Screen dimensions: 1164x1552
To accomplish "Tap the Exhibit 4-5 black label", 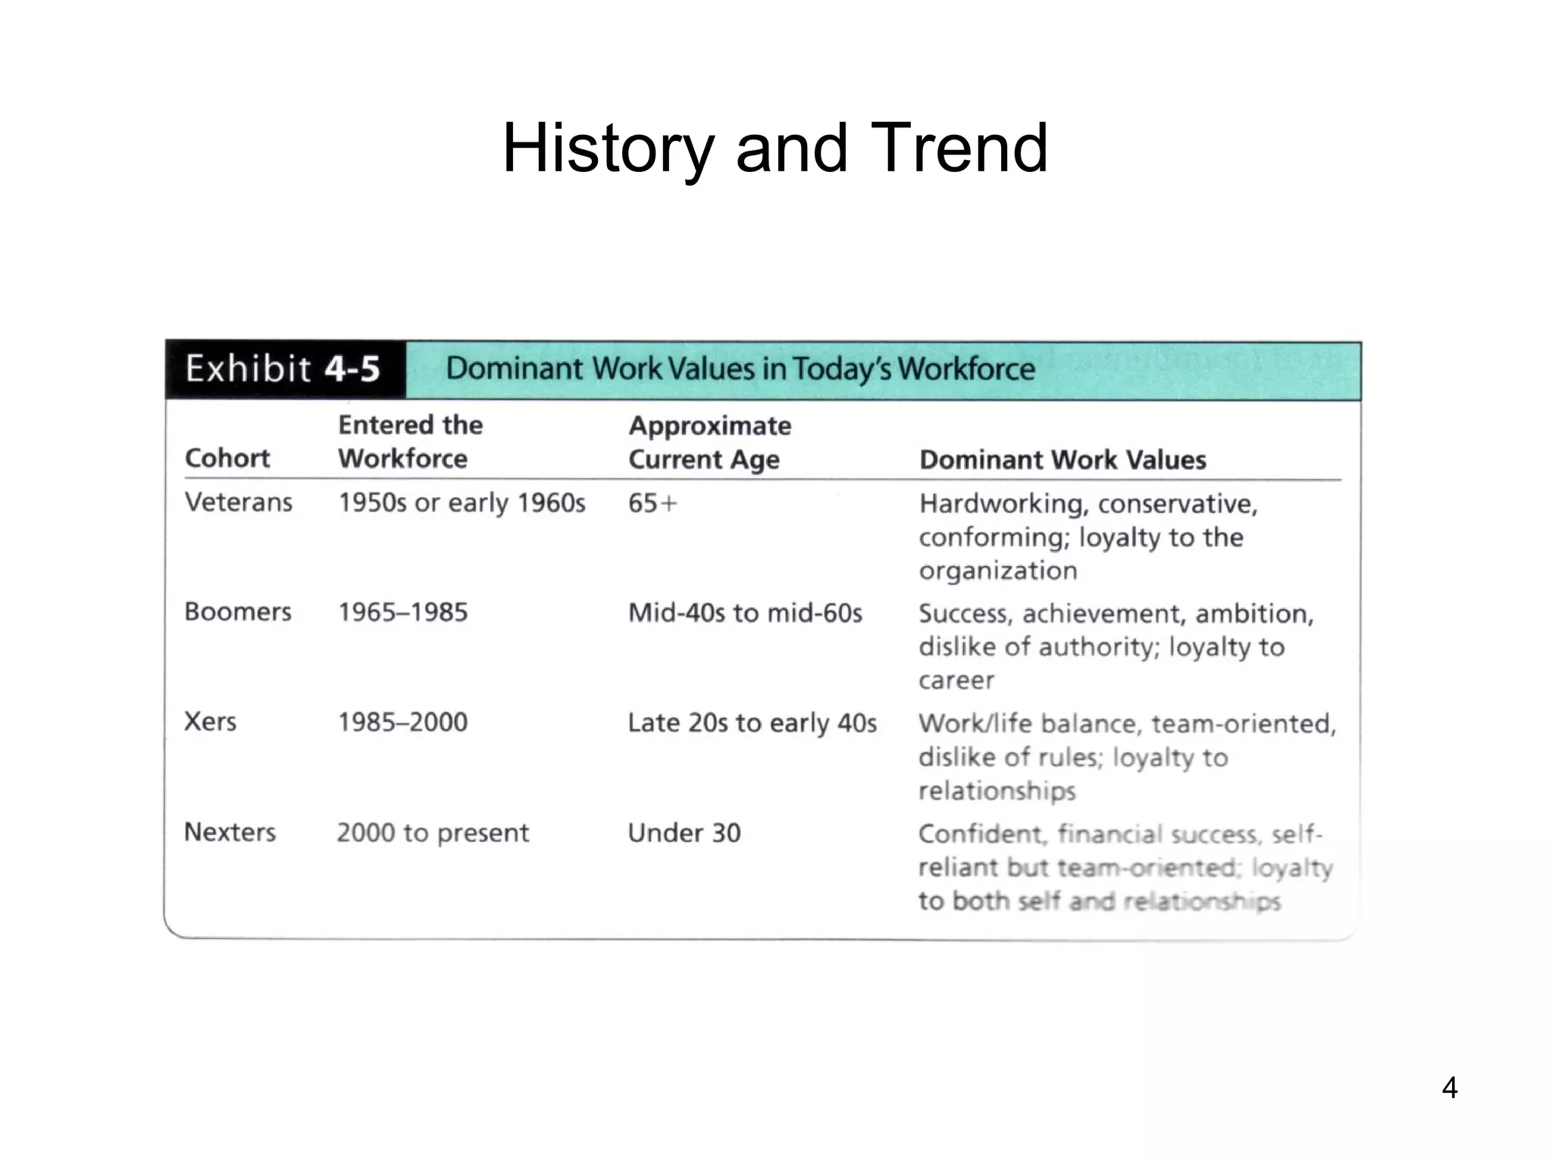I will [283, 369].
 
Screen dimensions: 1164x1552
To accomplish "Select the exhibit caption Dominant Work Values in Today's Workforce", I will [740, 369].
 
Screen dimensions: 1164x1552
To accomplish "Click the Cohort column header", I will [227, 458].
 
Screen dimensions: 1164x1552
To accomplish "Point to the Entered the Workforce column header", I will [410, 442].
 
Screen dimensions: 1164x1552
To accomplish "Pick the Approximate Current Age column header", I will [709, 443].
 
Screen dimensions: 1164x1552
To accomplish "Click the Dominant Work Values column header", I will [1062, 460].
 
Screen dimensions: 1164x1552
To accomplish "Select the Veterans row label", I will [238, 502].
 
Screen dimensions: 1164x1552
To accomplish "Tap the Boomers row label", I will [238, 612].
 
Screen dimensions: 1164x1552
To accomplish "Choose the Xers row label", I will [210, 721].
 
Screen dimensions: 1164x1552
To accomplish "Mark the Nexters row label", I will [230, 832].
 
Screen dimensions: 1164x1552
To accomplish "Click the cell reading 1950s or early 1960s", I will [462, 503].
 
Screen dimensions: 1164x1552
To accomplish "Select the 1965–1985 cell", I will [402, 612].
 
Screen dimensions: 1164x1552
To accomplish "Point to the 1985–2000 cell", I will [402, 722].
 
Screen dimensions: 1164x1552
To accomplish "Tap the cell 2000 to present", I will [433, 833].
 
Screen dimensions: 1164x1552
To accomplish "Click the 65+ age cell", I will [652, 503].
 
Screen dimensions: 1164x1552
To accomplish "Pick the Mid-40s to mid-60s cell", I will [745, 613].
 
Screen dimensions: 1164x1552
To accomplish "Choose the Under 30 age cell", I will [684, 833].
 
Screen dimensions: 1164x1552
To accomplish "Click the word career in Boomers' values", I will [956, 681].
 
